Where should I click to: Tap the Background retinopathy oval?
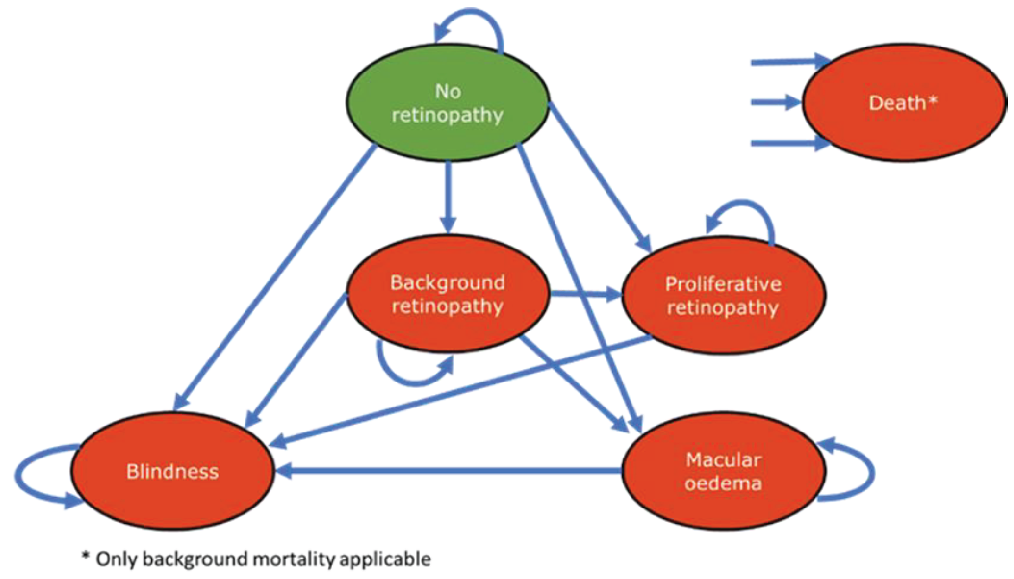[448, 294]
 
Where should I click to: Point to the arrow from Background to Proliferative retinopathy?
[584, 295]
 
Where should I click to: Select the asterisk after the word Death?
[933, 101]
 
